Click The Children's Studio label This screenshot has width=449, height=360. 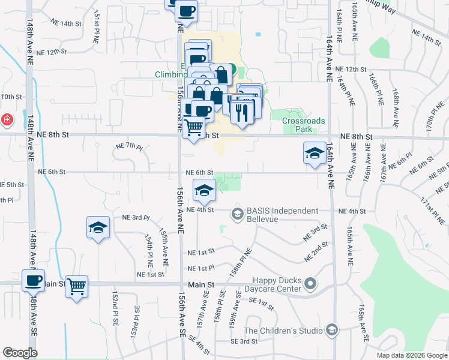[283, 330]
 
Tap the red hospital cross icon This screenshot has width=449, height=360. [7, 119]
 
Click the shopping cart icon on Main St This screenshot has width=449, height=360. [77, 286]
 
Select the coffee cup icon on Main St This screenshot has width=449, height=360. [33, 280]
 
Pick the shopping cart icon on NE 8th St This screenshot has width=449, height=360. [194, 127]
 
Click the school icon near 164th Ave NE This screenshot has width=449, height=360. [314, 153]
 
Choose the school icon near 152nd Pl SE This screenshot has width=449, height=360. [98, 227]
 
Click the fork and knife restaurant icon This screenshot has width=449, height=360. [243, 111]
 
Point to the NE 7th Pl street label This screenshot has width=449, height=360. [129, 147]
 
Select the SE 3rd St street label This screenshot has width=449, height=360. [244, 341]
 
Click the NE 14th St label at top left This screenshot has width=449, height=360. [66, 23]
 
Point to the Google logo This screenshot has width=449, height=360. [20, 353]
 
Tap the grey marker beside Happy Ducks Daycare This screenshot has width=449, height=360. [310, 283]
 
